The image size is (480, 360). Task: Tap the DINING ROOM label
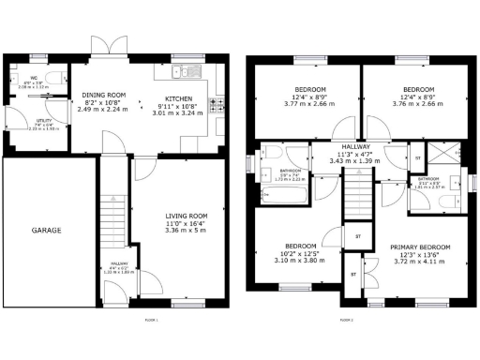104,95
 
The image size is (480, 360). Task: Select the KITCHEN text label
180,99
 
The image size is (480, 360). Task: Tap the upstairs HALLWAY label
356,147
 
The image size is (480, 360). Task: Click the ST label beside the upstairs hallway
416,159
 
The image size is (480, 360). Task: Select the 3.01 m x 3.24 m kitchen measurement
180,113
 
